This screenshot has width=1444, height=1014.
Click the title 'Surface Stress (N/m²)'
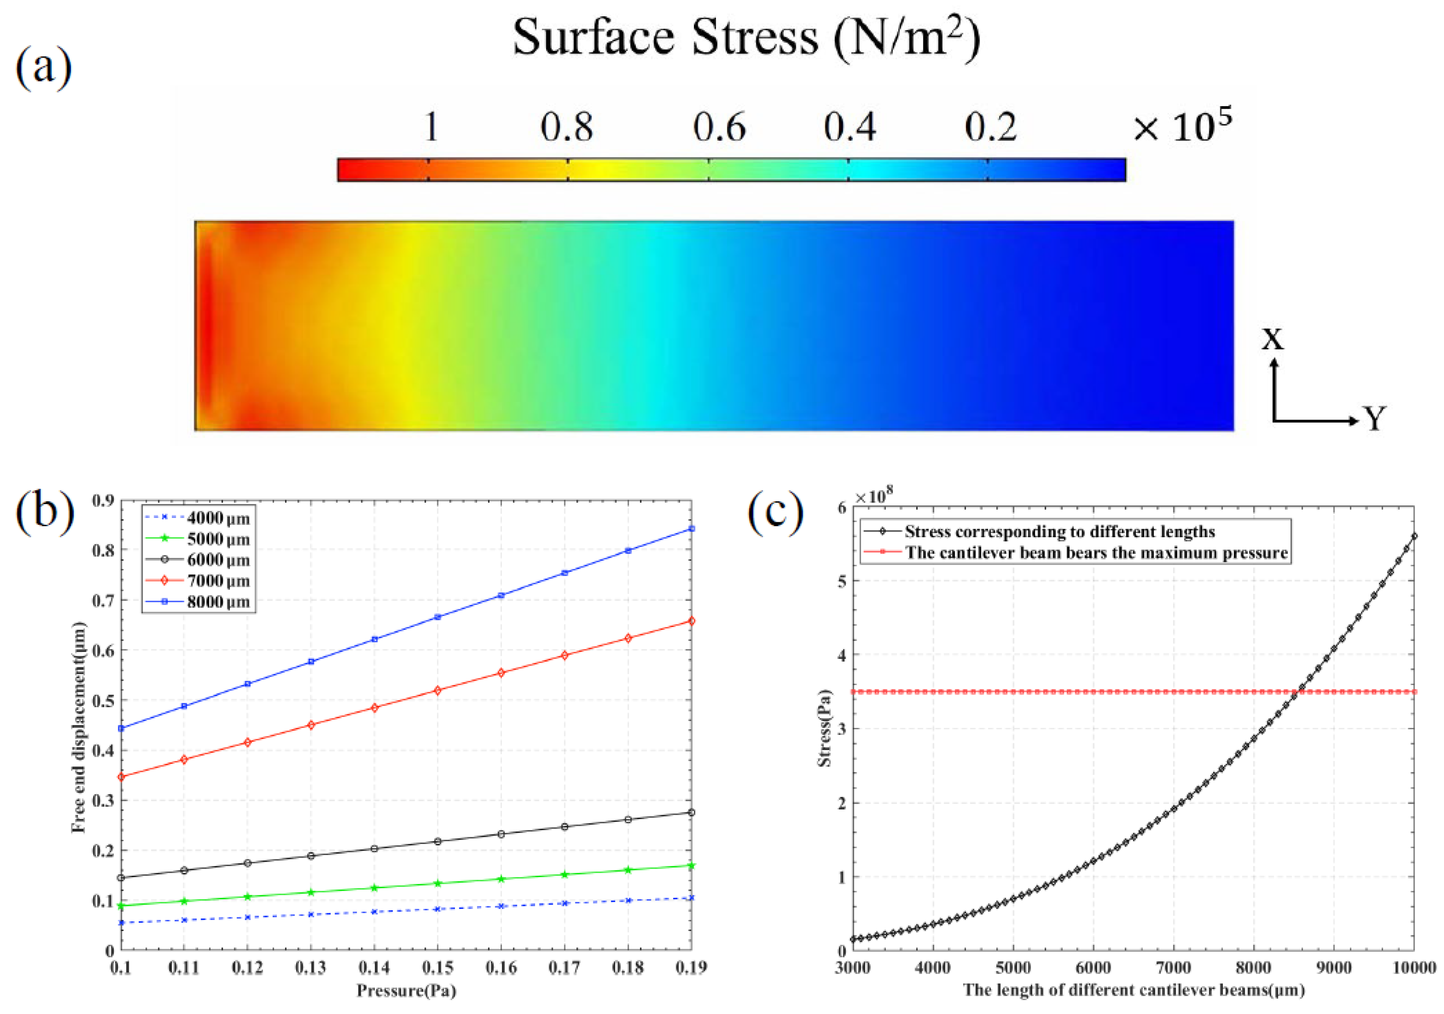746,38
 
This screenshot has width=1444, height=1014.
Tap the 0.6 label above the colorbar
719,127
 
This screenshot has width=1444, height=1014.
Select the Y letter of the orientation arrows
1375,418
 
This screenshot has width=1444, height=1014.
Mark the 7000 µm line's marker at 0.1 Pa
121,777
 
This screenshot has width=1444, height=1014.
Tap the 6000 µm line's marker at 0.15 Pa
438,842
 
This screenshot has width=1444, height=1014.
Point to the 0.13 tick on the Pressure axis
310,967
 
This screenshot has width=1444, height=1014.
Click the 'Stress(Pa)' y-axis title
824,728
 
